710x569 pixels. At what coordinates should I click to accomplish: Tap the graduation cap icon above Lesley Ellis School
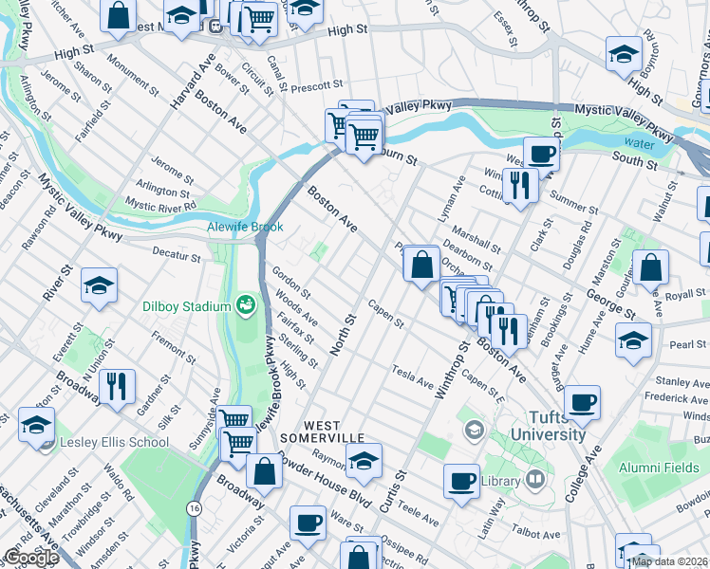[36, 425]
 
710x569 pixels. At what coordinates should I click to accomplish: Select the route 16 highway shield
[194, 509]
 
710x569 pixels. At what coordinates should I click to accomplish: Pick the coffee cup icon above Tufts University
[582, 400]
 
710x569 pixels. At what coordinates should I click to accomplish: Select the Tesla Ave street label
[413, 376]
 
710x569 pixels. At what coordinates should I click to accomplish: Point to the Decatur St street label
[177, 257]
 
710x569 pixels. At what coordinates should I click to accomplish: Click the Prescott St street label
[317, 86]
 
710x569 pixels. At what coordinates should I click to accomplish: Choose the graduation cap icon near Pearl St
[633, 339]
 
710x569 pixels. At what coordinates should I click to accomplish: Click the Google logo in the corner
[30, 558]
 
